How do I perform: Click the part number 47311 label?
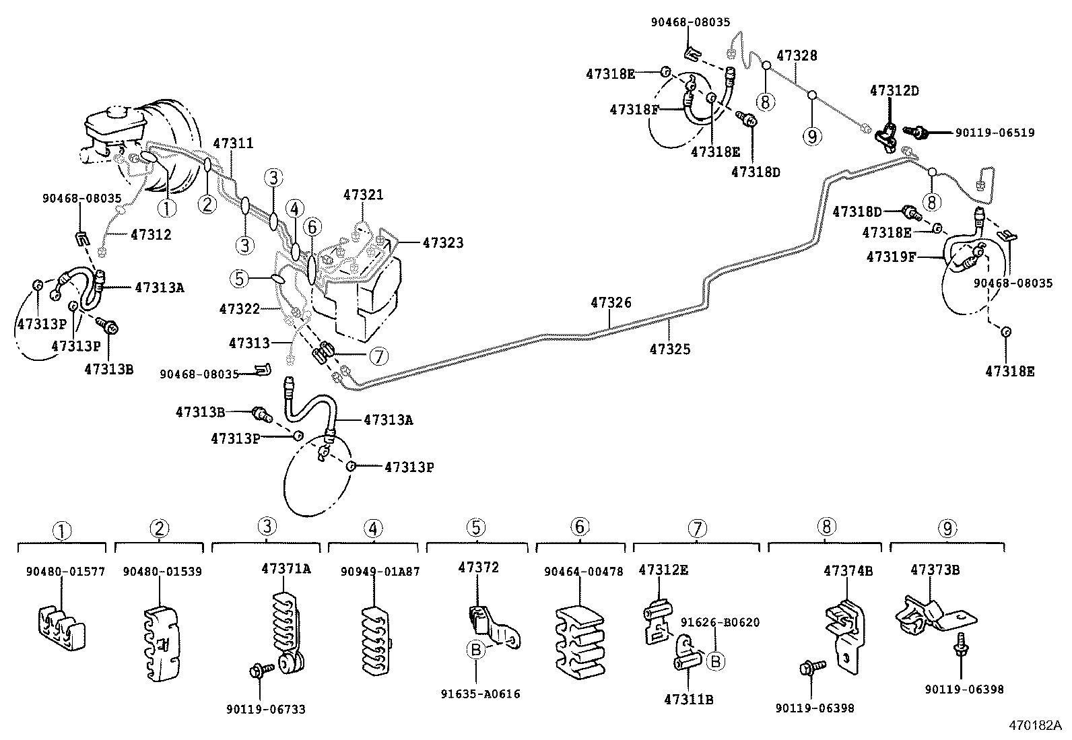233,143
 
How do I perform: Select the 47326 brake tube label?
611,303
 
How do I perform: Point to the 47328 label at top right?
797,55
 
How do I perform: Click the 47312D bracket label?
894,90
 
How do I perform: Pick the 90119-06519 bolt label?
995,133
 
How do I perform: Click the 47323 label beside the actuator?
442,243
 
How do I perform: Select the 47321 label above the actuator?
363,195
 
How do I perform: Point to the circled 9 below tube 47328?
812,137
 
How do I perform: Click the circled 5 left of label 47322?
238,277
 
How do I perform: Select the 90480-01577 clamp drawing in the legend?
61,629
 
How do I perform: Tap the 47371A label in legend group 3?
286,568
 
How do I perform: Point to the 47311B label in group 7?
688,699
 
